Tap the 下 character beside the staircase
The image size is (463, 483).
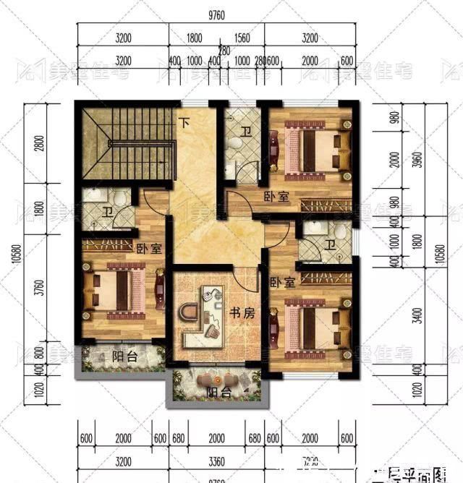[185, 123]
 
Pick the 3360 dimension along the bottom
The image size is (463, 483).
[216, 460]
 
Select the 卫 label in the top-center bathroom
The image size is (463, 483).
[246, 132]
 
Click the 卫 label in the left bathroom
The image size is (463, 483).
[107, 212]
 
